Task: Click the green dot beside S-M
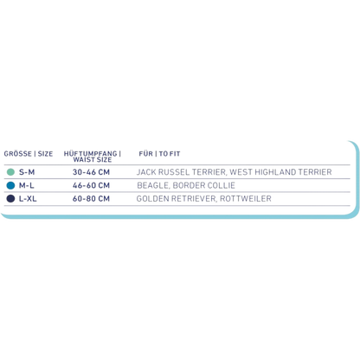click(x=10, y=172)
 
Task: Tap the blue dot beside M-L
click(x=10, y=185)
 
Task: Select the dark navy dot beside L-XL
click(x=10, y=199)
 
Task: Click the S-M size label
click(x=27, y=172)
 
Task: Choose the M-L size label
click(x=27, y=185)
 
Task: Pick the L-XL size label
click(x=28, y=199)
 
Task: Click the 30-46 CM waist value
click(x=91, y=172)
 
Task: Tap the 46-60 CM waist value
click(x=91, y=185)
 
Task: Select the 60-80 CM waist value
click(x=91, y=199)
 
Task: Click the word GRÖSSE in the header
click(x=18, y=154)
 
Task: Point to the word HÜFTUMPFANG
click(x=91, y=153)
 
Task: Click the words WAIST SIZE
click(x=93, y=159)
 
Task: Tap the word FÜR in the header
click(x=146, y=154)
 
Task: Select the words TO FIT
click(x=170, y=154)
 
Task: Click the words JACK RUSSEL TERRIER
click(x=181, y=172)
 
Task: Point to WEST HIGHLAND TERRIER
click(x=280, y=172)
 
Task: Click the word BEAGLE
click(x=153, y=185)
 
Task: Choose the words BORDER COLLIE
click(x=204, y=185)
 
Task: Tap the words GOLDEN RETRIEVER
click(x=176, y=199)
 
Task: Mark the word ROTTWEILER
click(x=246, y=199)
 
